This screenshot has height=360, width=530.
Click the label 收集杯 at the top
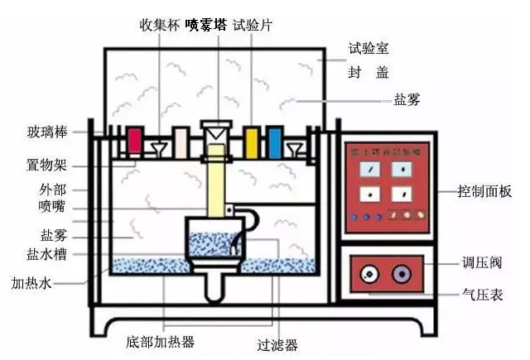point(161,23)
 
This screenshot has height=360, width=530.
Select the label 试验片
point(252,23)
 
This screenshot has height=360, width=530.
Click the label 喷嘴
point(51,205)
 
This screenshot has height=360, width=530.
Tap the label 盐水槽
point(46,253)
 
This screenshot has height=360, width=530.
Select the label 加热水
point(31,283)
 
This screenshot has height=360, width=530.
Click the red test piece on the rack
point(134,143)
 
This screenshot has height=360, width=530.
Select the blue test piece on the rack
point(274,143)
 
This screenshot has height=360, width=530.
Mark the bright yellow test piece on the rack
point(252,143)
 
